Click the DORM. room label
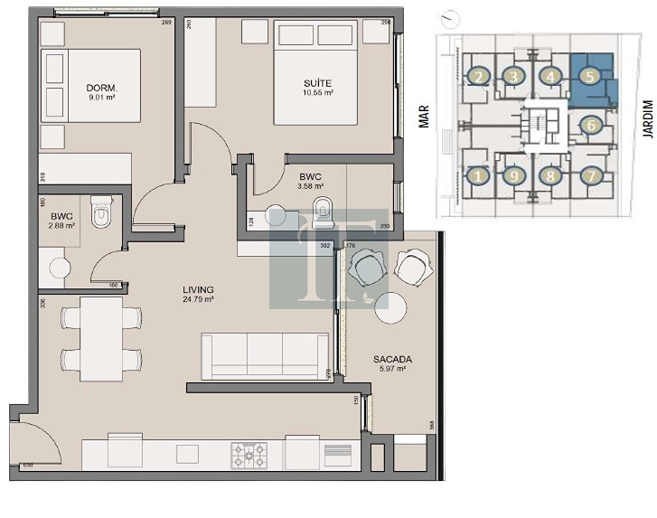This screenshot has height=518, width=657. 99,88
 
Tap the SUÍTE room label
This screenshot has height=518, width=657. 318,83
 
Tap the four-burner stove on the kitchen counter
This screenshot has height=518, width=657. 249,455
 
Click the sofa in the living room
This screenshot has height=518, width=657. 253,355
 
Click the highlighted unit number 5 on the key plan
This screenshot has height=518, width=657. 589,78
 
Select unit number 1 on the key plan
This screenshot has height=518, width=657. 478,175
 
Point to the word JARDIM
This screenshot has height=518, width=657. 647,118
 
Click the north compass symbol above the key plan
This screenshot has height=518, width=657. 450,17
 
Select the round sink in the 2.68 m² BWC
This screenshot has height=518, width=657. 61,268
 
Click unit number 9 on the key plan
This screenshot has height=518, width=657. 514,175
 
